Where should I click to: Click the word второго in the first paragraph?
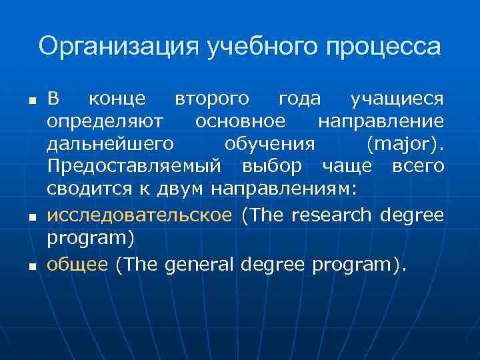pyautogui.click(x=212, y=99)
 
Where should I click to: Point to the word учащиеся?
pyautogui.click(x=397, y=99)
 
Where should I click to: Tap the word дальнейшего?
pyautogui.click(x=111, y=143)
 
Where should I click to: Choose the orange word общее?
pyautogui.click(x=77, y=265)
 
